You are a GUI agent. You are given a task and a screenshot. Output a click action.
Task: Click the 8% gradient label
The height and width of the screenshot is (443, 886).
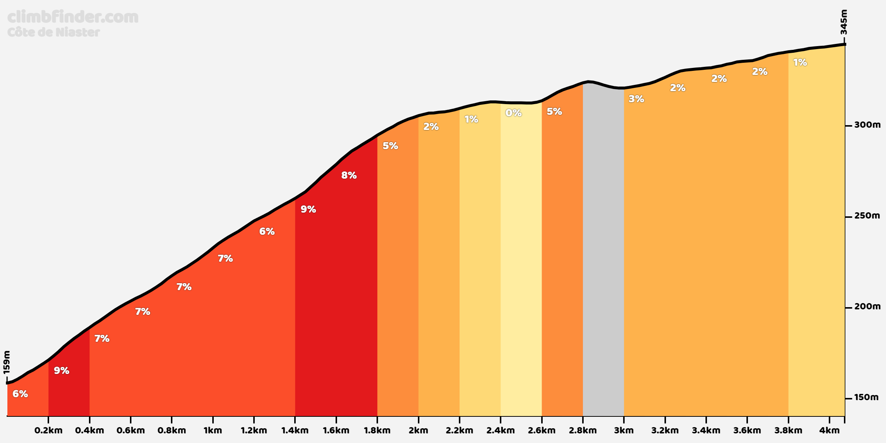point(349,175)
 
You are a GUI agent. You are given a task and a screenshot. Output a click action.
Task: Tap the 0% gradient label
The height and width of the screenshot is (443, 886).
point(514,113)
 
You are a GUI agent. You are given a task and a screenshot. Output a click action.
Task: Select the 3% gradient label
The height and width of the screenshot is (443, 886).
point(636,99)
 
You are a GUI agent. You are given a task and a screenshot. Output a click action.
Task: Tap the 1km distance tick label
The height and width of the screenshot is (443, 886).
point(213,430)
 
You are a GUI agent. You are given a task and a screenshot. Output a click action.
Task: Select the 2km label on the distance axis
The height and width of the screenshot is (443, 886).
point(418,430)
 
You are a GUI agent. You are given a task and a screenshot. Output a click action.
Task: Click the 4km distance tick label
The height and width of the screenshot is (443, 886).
point(829,430)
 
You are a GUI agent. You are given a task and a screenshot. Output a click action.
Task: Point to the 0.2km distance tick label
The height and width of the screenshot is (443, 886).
point(48,430)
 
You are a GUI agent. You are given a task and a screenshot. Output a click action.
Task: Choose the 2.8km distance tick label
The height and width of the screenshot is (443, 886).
point(583,430)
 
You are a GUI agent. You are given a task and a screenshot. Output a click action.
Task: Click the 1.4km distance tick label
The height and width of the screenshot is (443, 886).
point(295,430)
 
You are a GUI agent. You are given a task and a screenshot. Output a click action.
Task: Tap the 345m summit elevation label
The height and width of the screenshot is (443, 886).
point(844,22)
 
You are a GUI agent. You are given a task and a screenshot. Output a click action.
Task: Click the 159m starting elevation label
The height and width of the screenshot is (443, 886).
point(7,362)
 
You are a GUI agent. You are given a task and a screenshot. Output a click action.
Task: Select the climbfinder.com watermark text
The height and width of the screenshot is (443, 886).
point(73,17)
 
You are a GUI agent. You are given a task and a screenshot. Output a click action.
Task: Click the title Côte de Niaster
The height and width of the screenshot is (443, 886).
point(54,32)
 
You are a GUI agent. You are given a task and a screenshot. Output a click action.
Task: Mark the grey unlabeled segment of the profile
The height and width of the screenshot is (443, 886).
point(603,251)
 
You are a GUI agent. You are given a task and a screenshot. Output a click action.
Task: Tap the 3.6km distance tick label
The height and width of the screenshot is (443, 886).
point(747,430)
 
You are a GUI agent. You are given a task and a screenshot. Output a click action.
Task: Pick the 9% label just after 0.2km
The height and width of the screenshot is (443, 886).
point(62,371)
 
